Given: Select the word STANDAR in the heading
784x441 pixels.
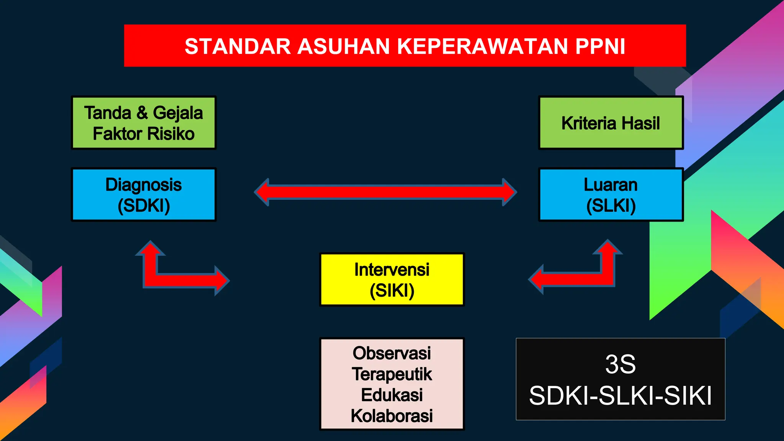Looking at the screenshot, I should coord(238,46).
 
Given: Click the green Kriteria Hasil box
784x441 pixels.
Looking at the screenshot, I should coord(611,123).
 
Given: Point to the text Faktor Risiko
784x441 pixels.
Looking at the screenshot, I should coord(144,134).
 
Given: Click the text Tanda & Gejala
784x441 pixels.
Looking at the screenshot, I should coord(144,113).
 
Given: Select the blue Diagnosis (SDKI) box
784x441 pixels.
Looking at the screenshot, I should coord(144,194).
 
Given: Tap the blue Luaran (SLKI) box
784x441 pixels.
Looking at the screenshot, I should coord(611,194).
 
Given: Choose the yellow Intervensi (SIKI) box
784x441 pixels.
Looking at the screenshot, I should coord(392,279).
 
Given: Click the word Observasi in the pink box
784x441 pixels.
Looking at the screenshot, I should coord(392,353).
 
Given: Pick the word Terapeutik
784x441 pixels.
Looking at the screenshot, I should coord(392,374).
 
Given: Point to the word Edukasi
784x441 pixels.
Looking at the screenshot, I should coord(392,395).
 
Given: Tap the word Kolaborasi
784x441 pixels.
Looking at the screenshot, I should coord(392,416).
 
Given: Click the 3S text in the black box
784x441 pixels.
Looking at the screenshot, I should coord(620,364).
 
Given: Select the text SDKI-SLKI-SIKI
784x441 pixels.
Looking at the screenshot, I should coord(620,395).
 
